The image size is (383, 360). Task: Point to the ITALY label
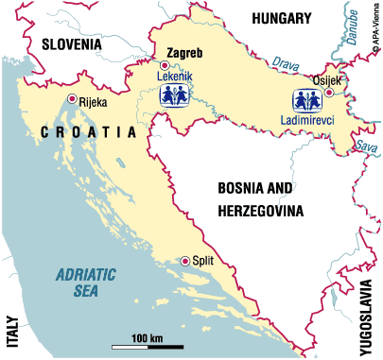(x=13, y=330)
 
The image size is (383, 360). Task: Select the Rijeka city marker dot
(x=72, y=97)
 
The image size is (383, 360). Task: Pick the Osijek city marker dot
(x=329, y=93)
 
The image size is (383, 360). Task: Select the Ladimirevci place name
(x=307, y=120)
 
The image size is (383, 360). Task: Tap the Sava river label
(x=363, y=146)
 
